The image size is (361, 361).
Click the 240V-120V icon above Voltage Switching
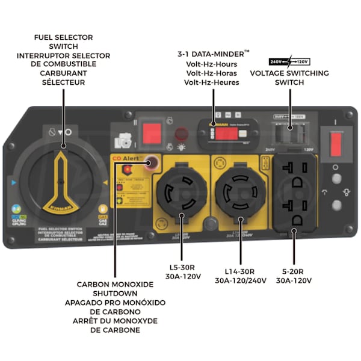(x=289, y=61)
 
